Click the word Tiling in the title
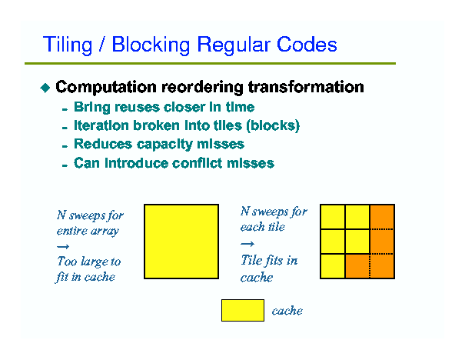(x=68, y=45)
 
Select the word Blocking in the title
(x=151, y=45)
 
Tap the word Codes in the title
(x=307, y=45)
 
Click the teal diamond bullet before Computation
(x=45, y=88)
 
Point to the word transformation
(x=306, y=87)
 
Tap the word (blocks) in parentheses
(x=273, y=125)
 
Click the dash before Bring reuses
(x=65, y=110)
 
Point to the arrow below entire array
(x=63, y=246)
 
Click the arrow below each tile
(x=247, y=244)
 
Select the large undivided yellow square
(x=181, y=242)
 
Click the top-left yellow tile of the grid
(x=333, y=217)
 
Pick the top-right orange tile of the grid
(x=382, y=217)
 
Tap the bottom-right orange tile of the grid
(x=382, y=266)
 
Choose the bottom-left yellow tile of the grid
(x=333, y=266)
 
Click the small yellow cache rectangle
(x=243, y=310)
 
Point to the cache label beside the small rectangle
(x=287, y=311)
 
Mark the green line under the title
(x=210, y=63)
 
